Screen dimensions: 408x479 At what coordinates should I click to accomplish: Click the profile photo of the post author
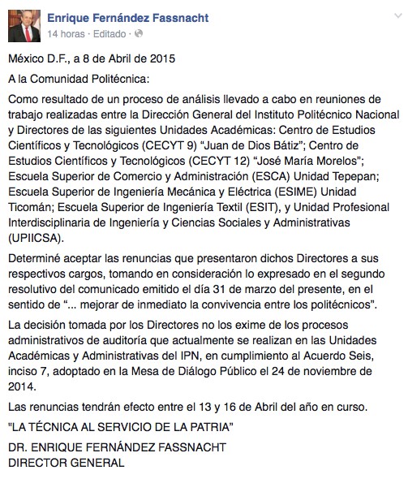pos(23,24)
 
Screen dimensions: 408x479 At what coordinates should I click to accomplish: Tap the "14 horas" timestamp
pos(67,34)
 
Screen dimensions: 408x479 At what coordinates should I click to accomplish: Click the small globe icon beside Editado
pos(138,34)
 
